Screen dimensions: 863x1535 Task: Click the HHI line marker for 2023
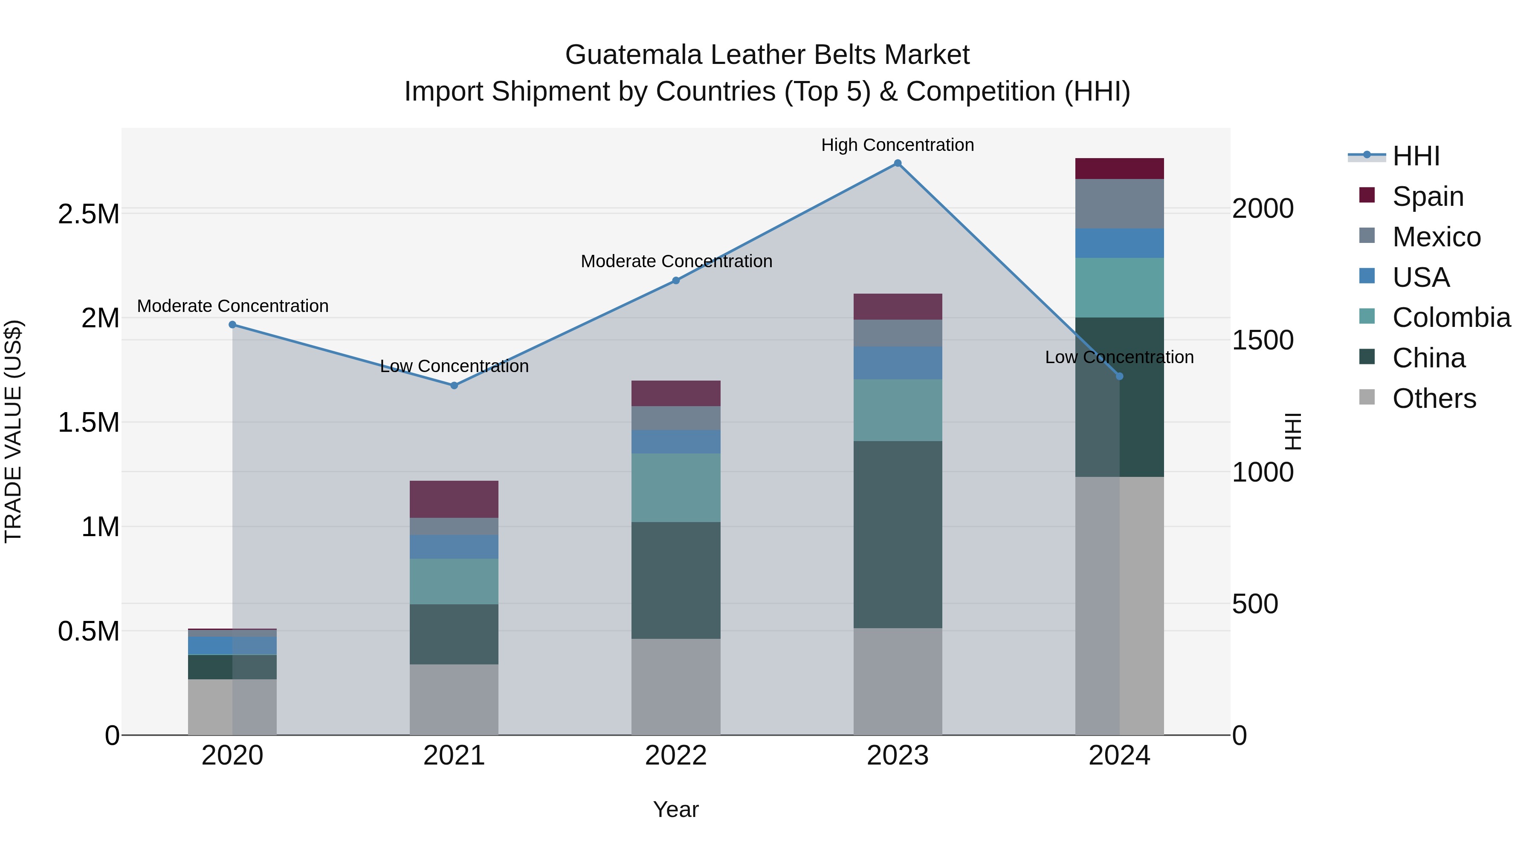pyautogui.click(x=898, y=163)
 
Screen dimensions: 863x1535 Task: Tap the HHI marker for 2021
pyautogui.click(x=454, y=385)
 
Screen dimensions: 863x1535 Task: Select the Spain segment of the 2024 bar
pyautogui.click(x=1119, y=168)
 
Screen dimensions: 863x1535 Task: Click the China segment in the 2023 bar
pyautogui.click(x=898, y=534)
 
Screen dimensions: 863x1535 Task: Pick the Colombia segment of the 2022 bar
pyautogui.click(x=676, y=488)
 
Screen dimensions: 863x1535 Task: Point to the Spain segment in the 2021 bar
pyautogui.click(x=454, y=499)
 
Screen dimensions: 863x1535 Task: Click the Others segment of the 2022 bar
pyautogui.click(x=676, y=687)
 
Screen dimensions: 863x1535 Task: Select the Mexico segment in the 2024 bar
pyautogui.click(x=1119, y=204)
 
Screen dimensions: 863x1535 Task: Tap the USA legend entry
pyautogui.click(x=1421, y=277)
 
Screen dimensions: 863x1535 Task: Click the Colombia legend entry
pyautogui.click(x=1451, y=317)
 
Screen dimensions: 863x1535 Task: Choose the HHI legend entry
pyautogui.click(x=1415, y=156)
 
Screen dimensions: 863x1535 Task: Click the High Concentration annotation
pyautogui.click(x=898, y=145)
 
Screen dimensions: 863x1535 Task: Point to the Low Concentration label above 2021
pyautogui.click(x=454, y=366)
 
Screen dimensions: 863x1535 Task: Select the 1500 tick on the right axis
pyautogui.click(x=1263, y=340)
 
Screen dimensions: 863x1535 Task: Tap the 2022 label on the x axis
pyautogui.click(x=676, y=755)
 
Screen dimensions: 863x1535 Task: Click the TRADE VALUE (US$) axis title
pyautogui.click(x=14, y=431)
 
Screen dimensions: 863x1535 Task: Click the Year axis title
pyautogui.click(x=676, y=809)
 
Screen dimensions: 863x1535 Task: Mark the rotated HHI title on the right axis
pyautogui.click(x=1292, y=431)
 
